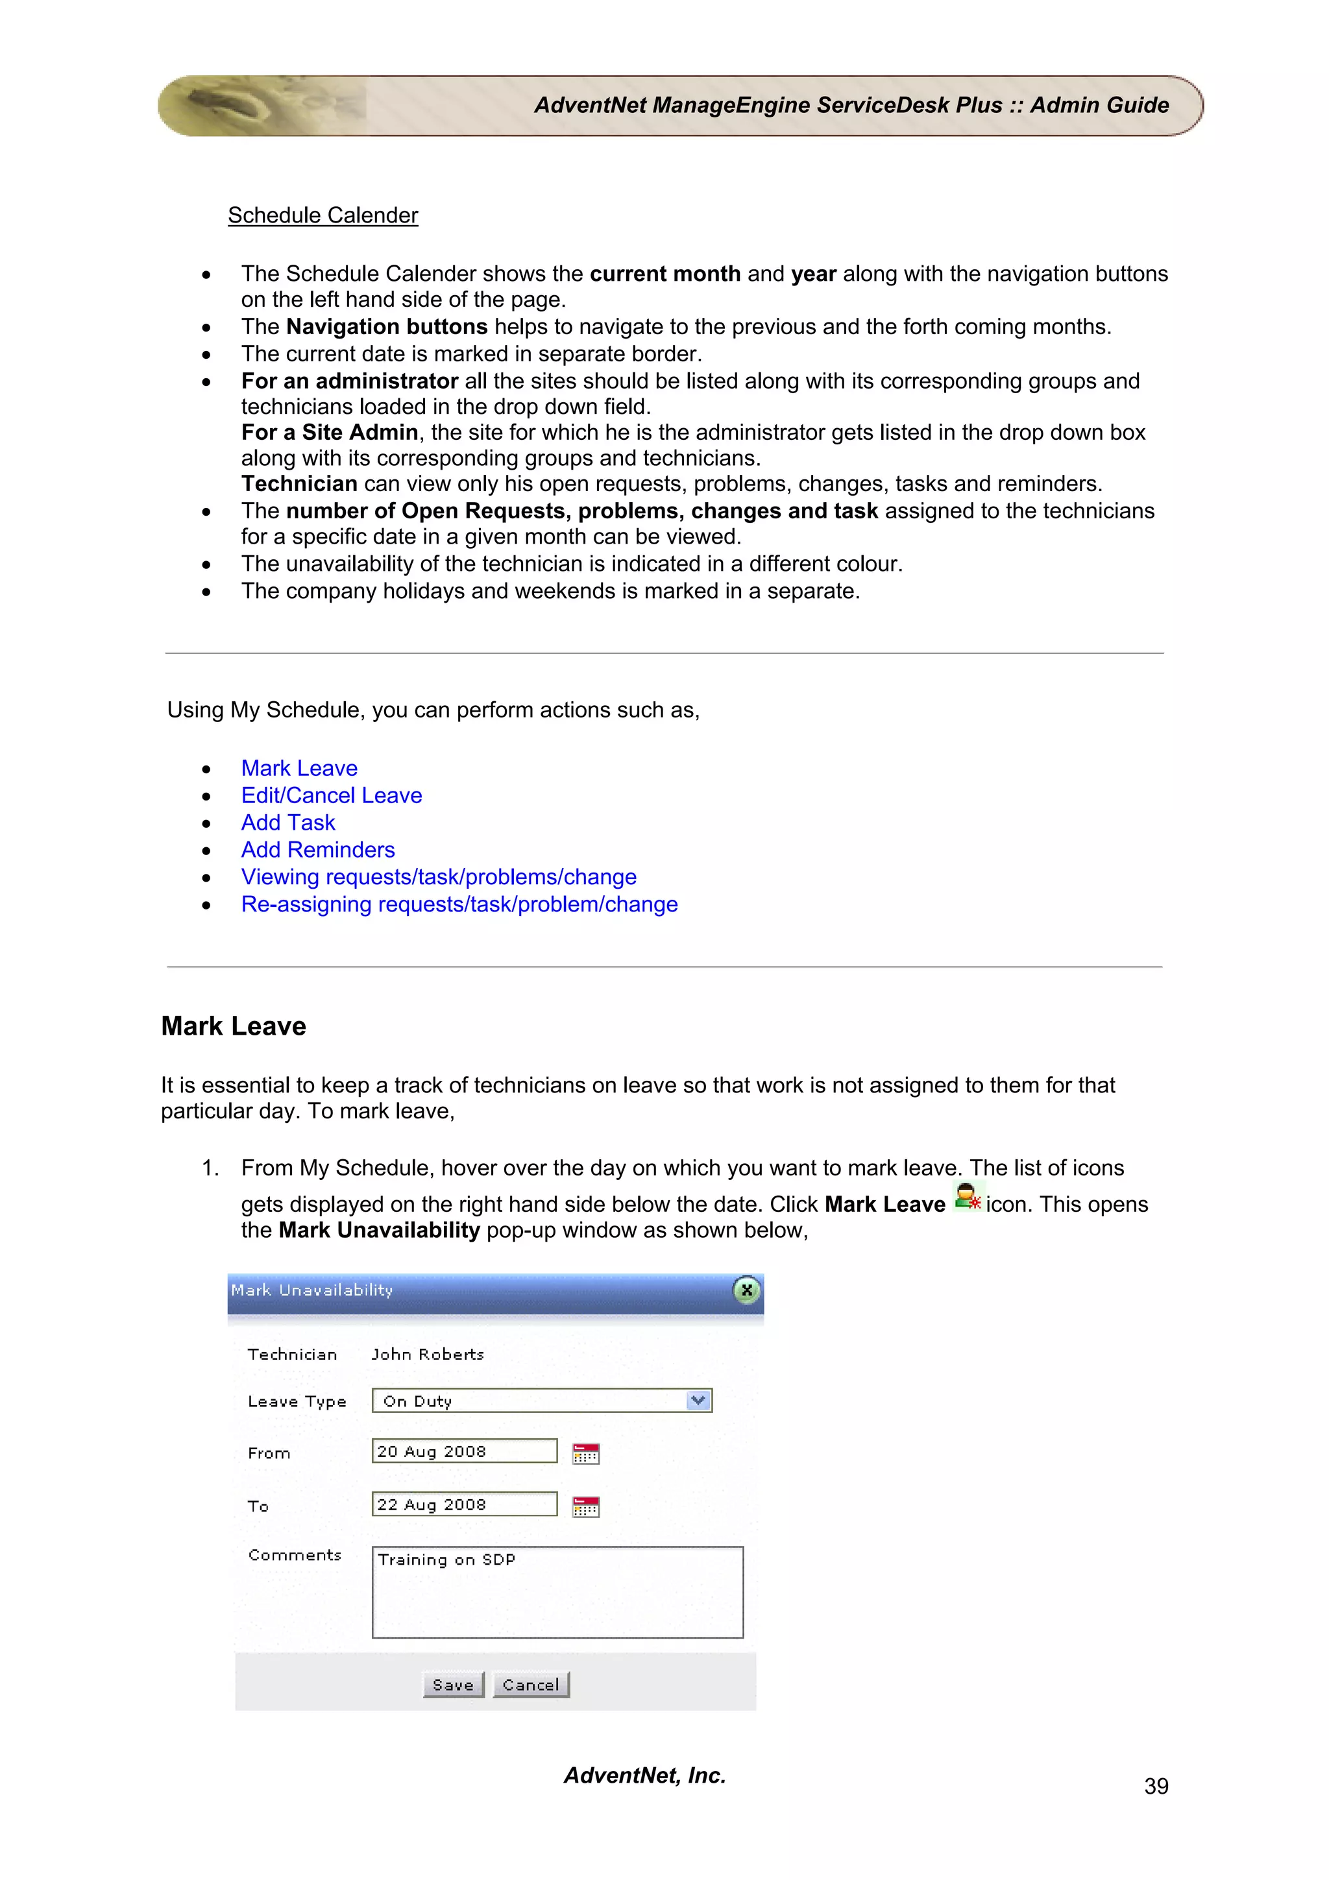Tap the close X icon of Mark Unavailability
pos(746,1290)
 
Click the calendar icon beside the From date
pos(585,1453)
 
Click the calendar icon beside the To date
pos(585,1506)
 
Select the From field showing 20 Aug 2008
pos(464,1451)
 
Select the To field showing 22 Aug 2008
pos(464,1504)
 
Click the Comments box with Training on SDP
pos(557,1592)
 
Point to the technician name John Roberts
pos(428,1355)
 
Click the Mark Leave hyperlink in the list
pos(299,768)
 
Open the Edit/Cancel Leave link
pos(331,795)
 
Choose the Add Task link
pos(287,822)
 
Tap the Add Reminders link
pos(318,849)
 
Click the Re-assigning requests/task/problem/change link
pos(459,904)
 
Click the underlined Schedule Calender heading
pos(323,215)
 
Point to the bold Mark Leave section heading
pos(234,1026)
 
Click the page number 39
pos(1155,1786)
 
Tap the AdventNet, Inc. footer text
pos(644,1775)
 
